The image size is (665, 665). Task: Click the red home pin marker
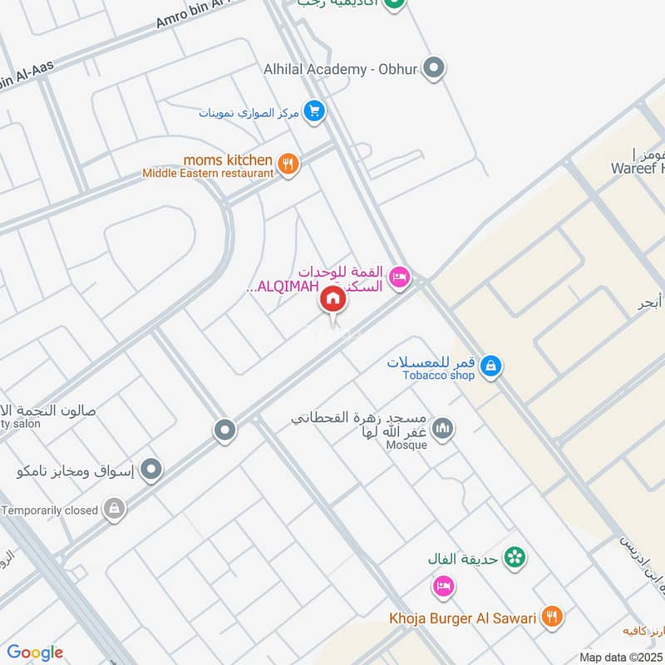333,299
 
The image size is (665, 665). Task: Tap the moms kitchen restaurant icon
288,165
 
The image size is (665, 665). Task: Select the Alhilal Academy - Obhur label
339,70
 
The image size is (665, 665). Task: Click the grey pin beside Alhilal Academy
432,68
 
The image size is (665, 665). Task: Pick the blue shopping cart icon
313,111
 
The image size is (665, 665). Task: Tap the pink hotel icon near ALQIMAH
399,278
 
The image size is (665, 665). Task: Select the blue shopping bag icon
491,366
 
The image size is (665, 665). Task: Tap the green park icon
515,558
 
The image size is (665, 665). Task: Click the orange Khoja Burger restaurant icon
550,617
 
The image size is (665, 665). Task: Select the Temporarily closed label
49,510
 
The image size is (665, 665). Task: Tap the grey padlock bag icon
114,509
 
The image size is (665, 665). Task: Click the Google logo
35,652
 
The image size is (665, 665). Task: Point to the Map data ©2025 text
620,657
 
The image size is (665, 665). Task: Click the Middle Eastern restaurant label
208,173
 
